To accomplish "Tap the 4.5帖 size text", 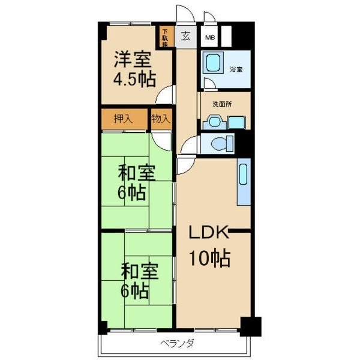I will pyautogui.click(x=135, y=79).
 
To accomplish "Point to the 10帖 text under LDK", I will pyautogui.click(x=209, y=259).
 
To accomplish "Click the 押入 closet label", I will pyautogui.click(x=123, y=118).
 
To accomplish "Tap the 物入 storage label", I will pyautogui.click(x=160, y=118).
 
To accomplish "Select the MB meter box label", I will pyautogui.click(x=209, y=37).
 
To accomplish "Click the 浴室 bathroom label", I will pyautogui.click(x=236, y=69).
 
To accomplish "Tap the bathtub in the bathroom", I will pyautogui.click(x=213, y=64).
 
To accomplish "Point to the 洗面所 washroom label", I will pyautogui.click(x=221, y=104).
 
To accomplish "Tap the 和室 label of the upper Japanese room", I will pyautogui.click(x=137, y=173).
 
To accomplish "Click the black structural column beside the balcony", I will pyautogui.click(x=251, y=326).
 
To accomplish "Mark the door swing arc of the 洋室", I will pyautogui.click(x=164, y=94).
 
